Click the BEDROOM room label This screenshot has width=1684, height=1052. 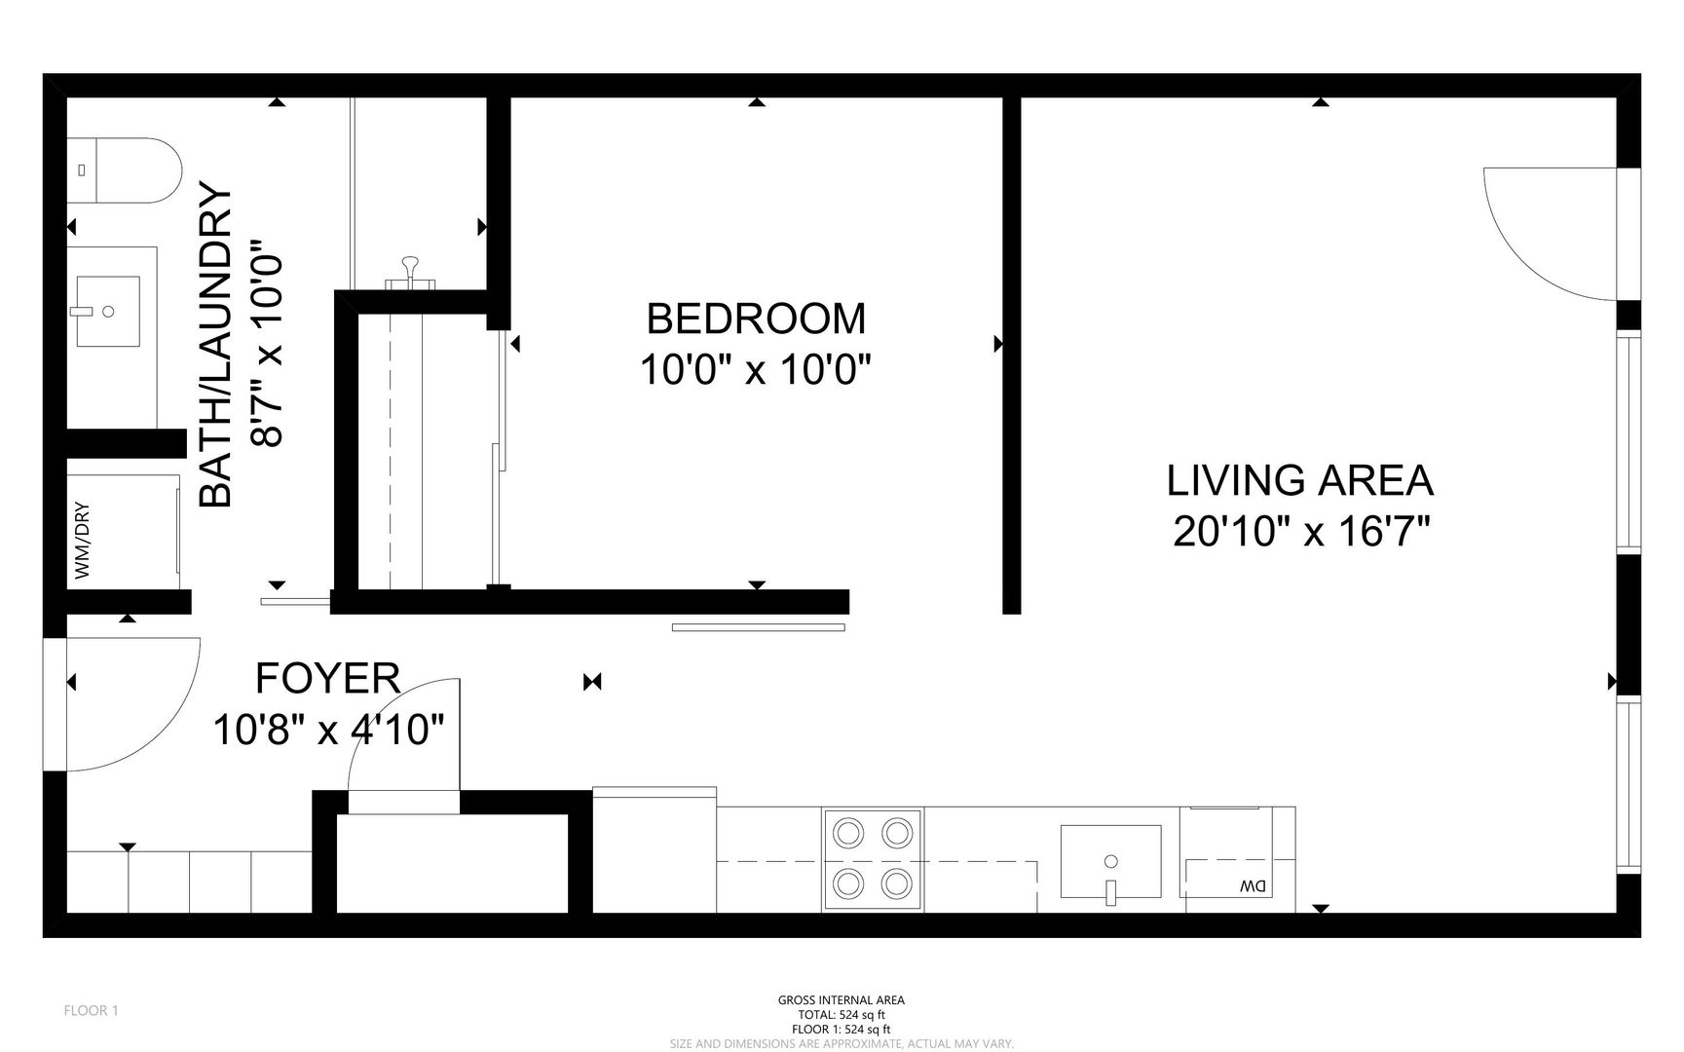[x=756, y=319]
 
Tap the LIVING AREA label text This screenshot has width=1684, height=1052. [x=1300, y=480]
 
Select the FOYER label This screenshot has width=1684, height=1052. [x=327, y=678]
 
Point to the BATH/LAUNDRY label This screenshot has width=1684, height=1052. [x=216, y=347]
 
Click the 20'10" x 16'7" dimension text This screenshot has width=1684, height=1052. [x=1301, y=532]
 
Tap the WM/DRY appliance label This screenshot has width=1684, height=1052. [x=82, y=540]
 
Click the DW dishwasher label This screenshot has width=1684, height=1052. [x=1253, y=886]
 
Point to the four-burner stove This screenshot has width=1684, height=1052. [x=873, y=859]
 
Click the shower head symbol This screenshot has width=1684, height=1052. [x=410, y=270]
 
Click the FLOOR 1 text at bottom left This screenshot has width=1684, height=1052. [x=91, y=1010]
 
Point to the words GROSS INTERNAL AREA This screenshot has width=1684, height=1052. [x=842, y=1000]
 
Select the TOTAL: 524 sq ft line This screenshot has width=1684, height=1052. [x=842, y=1015]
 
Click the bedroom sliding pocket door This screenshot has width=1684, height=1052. [x=758, y=627]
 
